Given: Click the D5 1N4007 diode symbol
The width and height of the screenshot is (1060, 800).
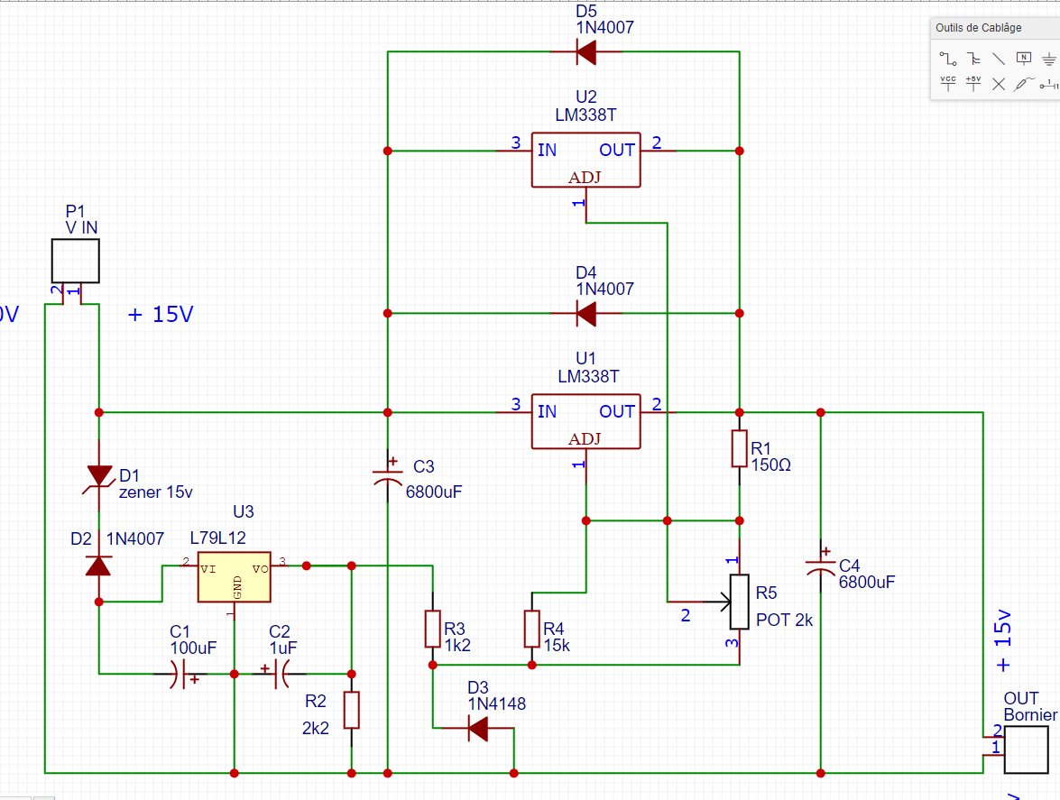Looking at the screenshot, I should (x=586, y=52).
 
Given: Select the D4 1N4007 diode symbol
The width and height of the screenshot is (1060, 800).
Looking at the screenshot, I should (x=586, y=314).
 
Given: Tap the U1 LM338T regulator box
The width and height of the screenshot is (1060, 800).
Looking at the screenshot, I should (x=585, y=421).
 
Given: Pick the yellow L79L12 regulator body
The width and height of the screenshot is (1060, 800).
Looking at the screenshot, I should (x=234, y=577).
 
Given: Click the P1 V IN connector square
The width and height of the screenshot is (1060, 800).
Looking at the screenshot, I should (x=74, y=261).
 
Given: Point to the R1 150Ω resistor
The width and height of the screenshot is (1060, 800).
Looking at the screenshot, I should (x=740, y=448).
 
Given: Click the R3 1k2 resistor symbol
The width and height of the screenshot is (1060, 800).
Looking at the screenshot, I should (x=433, y=629).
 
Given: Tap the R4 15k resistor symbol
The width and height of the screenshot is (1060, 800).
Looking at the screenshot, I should (x=532, y=629).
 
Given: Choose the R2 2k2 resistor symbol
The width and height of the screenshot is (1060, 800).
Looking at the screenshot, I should (x=352, y=710).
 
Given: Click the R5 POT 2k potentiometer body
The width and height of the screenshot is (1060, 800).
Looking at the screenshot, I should (x=740, y=602).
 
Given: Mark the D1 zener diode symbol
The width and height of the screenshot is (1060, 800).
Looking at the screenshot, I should (x=99, y=476).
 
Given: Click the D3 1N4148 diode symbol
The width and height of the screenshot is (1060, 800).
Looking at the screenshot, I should (x=479, y=728).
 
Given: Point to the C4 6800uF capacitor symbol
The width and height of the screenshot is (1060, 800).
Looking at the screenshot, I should (x=821, y=566).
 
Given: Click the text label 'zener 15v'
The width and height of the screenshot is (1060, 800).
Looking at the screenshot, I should (x=156, y=492).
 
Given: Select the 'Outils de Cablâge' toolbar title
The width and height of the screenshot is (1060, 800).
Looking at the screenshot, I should (x=979, y=28).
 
